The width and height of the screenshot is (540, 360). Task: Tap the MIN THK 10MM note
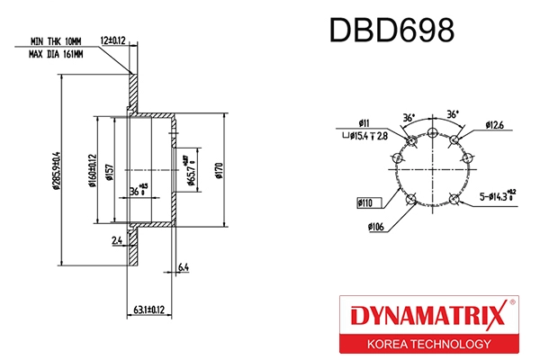[x=56, y=42]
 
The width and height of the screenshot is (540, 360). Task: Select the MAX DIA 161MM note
[x=56, y=55]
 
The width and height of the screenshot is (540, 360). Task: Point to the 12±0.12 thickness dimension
[x=112, y=40]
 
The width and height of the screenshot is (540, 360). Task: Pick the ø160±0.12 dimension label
[x=93, y=172]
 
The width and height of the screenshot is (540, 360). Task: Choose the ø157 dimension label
[x=108, y=173]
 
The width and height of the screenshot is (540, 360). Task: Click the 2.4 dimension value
[x=118, y=241]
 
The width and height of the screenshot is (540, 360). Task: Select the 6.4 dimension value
[x=183, y=267]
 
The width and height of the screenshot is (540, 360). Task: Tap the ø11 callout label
[x=364, y=121]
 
